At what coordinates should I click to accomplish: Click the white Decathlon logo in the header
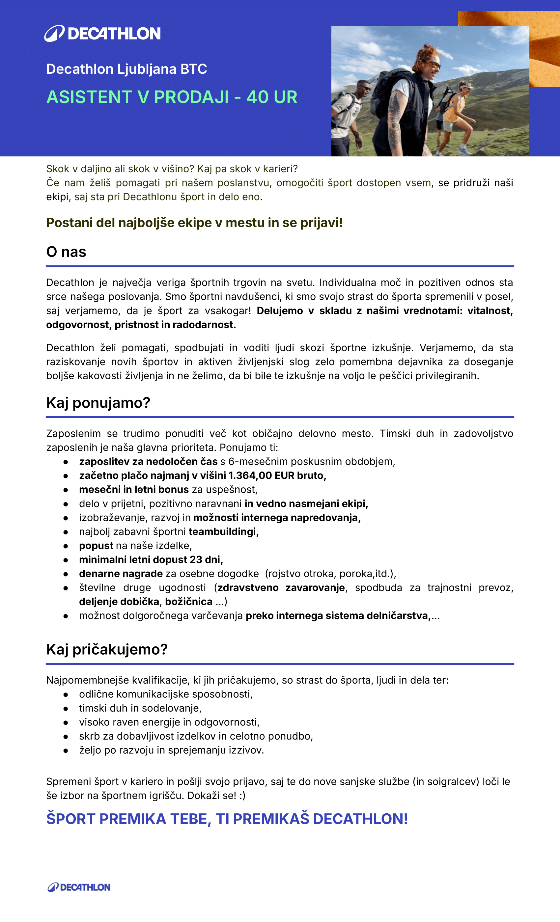tap(102, 33)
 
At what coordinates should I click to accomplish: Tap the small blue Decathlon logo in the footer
tap(79, 887)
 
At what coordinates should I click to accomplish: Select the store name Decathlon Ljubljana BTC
tap(126, 69)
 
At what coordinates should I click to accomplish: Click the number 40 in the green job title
tap(257, 97)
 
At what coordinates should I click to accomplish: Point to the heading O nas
tap(66, 252)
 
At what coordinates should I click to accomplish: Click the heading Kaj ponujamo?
tap(98, 403)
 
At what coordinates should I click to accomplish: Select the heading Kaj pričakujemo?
tap(107, 649)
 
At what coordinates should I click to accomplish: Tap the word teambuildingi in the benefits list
tap(223, 532)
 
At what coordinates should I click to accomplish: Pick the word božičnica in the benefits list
tap(189, 602)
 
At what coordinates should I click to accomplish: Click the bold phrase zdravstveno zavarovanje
tap(281, 588)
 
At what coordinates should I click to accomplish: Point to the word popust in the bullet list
tap(96, 546)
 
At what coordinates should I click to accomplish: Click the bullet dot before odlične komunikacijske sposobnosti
tap(66, 694)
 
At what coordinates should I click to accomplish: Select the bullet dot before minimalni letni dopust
tap(66, 560)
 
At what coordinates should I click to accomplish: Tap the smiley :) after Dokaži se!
tap(242, 796)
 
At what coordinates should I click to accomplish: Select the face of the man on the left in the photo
tap(364, 88)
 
